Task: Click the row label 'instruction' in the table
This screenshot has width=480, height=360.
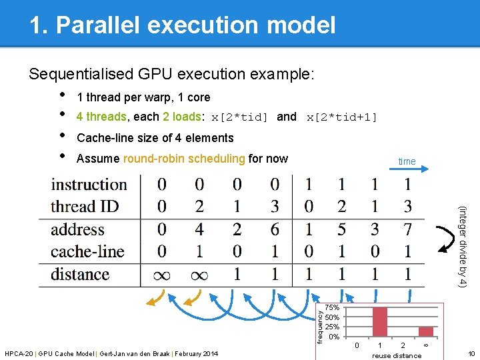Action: (89, 185)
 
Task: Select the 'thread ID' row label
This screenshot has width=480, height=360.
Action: (84, 207)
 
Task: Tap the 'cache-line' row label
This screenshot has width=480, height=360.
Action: (87, 251)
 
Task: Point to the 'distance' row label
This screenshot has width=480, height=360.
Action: (80, 274)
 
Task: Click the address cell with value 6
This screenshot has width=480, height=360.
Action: (275, 229)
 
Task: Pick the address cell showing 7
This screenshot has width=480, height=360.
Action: (408, 229)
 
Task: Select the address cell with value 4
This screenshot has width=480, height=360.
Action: (200, 229)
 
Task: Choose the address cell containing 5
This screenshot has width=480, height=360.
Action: (341, 229)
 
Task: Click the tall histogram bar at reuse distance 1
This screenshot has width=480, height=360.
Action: (380, 321)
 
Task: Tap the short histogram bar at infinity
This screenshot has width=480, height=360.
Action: (425, 331)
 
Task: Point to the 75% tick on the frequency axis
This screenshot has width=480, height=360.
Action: (332, 308)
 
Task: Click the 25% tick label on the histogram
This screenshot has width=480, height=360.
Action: (332, 327)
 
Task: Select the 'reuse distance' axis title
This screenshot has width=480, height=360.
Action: (397, 355)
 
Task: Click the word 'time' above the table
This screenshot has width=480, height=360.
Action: (407, 161)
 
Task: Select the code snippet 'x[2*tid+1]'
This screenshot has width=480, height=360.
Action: (341, 117)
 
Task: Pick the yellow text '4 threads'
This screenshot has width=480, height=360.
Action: (101, 117)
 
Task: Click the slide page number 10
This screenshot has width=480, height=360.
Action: (471, 353)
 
